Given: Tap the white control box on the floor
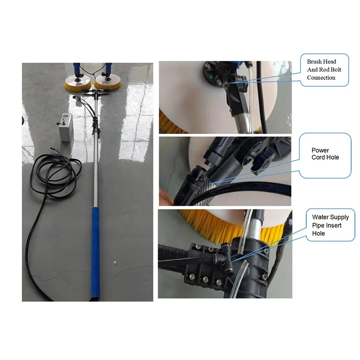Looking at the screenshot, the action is (65, 127).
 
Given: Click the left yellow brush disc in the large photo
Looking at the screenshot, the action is (78, 82).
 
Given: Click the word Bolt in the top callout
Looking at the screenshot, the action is (336, 70).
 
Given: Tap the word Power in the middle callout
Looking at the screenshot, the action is (320, 150).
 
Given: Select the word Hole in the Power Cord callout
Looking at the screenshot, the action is (333, 157).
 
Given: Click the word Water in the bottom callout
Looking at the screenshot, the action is (320, 217).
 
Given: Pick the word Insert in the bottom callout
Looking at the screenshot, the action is (333, 225).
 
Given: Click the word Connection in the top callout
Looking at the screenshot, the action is (321, 77).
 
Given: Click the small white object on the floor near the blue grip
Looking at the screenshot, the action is (115, 262).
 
